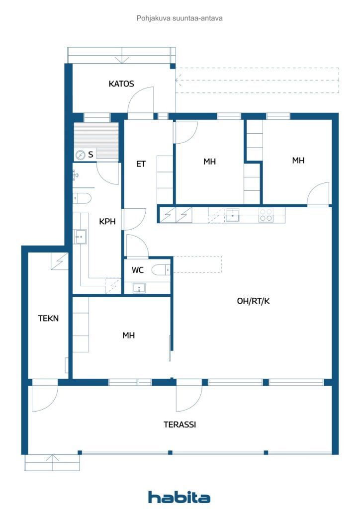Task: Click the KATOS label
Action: [x=121, y=84]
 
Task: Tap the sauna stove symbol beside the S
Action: [x=80, y=155]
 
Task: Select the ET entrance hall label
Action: [x=141, y=164]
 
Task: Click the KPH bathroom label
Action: [x=107, y=221]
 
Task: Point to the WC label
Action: [x=137, y=270]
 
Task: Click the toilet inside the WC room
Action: [x=161, y=270]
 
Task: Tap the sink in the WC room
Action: [x=139, y=288]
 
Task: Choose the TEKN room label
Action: [x=48, y=319]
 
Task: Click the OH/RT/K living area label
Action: [x=253, y=301]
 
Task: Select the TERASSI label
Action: [x=180, y=424]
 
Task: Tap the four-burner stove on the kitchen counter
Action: [x=266, y=215]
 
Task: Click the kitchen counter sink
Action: [x=232, y=215]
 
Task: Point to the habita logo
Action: [x=179, y=497]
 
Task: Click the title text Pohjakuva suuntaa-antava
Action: [x=180, y=18]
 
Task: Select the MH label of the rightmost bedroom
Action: [x=298, y=161]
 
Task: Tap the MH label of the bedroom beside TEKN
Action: [x=129, y=336]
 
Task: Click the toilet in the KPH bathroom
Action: [x=82, y=198]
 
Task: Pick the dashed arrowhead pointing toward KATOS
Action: [x=178, y=80]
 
